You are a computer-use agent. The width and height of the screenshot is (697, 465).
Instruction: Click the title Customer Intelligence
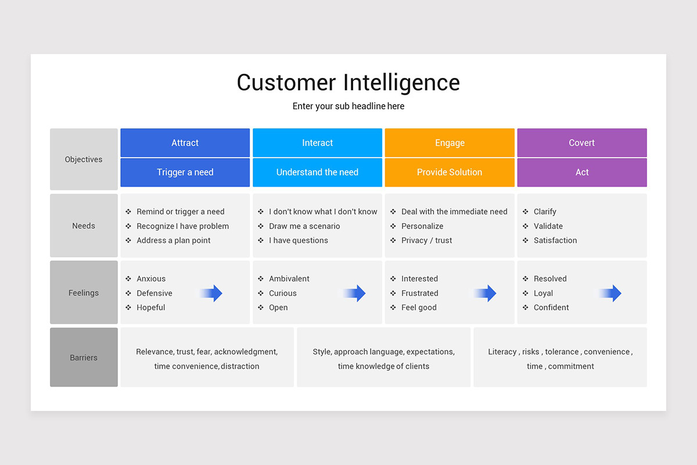click(348, 83)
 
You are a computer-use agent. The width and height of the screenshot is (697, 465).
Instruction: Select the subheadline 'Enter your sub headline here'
click(348, 106)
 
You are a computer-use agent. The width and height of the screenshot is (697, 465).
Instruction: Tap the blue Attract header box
click(185, 143)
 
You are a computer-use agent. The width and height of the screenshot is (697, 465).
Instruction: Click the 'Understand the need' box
click(317, 173)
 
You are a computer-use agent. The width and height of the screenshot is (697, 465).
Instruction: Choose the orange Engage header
click(450, 143)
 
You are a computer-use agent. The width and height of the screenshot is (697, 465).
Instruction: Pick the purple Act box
click(582, 173)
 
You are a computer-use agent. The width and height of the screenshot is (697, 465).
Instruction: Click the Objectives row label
click(84, 159)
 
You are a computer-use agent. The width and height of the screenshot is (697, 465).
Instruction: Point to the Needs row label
click(84, 226)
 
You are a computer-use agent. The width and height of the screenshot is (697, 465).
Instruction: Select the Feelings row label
click(84, 293)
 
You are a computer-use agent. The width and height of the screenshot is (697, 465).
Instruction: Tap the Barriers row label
click(84, 357)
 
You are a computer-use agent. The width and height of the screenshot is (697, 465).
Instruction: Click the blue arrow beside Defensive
click(212, 294)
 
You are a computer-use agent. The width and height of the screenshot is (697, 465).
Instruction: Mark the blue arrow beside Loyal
click(611, 294)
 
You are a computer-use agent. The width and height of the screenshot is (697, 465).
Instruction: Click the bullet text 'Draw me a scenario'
click(304, 226)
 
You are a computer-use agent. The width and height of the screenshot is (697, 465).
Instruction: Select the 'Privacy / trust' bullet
click(426, 241)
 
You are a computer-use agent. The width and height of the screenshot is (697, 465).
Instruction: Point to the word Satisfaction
click(555, 241)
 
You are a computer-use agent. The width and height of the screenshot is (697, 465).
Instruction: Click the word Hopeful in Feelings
click(151, 307)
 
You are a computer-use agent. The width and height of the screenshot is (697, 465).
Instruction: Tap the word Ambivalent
click(289, 279)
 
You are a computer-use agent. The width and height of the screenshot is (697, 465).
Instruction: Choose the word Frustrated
click(419, 294)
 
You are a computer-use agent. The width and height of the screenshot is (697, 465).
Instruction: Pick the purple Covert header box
click(582, 143)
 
